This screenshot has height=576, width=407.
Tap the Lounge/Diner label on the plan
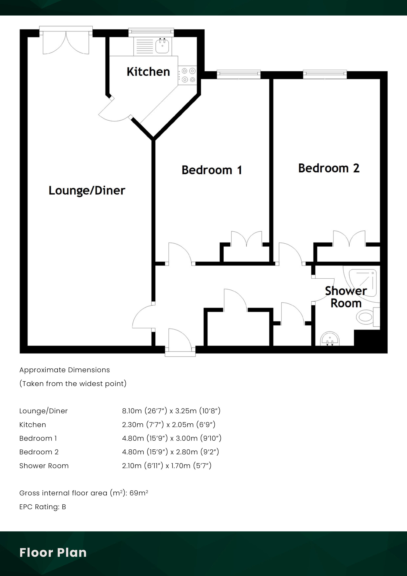click(87, 190)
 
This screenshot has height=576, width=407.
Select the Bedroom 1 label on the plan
click(212, 170)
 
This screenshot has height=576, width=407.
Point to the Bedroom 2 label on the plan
click(329, 168)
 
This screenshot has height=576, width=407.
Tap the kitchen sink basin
click(162, 46)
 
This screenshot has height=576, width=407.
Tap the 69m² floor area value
click(139, 493)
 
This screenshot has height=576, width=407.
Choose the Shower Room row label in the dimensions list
click(44, 466)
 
